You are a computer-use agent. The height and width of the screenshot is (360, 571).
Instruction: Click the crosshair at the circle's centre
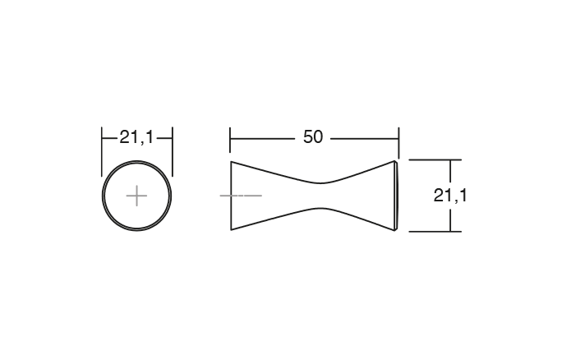click(136, 196)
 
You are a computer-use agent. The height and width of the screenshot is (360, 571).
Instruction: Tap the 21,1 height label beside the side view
click(450, 196)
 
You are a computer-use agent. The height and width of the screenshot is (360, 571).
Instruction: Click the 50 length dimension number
click(313, 137)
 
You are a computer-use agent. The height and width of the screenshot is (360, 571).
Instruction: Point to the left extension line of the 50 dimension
click(230, 142)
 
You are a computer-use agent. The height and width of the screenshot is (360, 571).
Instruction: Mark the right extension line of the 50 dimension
click(398, 142)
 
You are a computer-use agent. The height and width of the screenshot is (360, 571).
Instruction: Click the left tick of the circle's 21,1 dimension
click(102, 138)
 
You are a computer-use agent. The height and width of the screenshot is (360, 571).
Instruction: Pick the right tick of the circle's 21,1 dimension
click(173, 138)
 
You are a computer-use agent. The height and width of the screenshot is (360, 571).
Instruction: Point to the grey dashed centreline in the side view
click(241, 196)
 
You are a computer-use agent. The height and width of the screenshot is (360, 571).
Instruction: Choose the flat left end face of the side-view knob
click(231, 196)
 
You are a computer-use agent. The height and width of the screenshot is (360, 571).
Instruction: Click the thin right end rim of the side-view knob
click(398, 196)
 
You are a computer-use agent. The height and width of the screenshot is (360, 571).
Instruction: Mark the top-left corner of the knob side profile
click(231, 161)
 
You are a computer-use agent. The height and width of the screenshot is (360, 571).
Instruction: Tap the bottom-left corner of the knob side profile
click(231, 231)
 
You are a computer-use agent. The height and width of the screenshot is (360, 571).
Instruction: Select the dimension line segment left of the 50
click(263, 138)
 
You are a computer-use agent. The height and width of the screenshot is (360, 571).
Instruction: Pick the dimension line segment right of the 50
click(364, 138)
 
